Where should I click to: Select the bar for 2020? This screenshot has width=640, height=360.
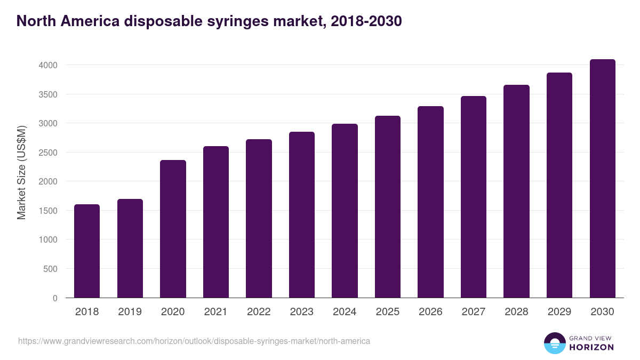pyautogui.click(x=173, y=229)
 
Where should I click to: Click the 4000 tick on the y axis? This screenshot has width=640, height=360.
pyautogui.click(x=47, y=65)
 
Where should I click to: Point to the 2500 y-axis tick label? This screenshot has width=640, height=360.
pyautogui.click(x=47, y=153)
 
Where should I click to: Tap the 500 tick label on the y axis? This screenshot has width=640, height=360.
pyautogui.click(x=50, y=269)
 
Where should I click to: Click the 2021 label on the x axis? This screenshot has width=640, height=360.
pyautogui.click(x=216, y=312)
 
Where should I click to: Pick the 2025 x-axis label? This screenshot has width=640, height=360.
pyautogui.click(x=388, y=312)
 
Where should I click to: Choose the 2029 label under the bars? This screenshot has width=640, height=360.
pyautogui.click(x=559, y=312)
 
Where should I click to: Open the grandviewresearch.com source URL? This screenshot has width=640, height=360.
pyautogui.click(x=194, y=341)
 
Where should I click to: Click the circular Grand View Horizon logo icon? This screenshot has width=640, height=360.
pyautogui.click(x=555, y=343)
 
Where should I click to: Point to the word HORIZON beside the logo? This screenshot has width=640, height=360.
pyautogui.click(x=591, y=347)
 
